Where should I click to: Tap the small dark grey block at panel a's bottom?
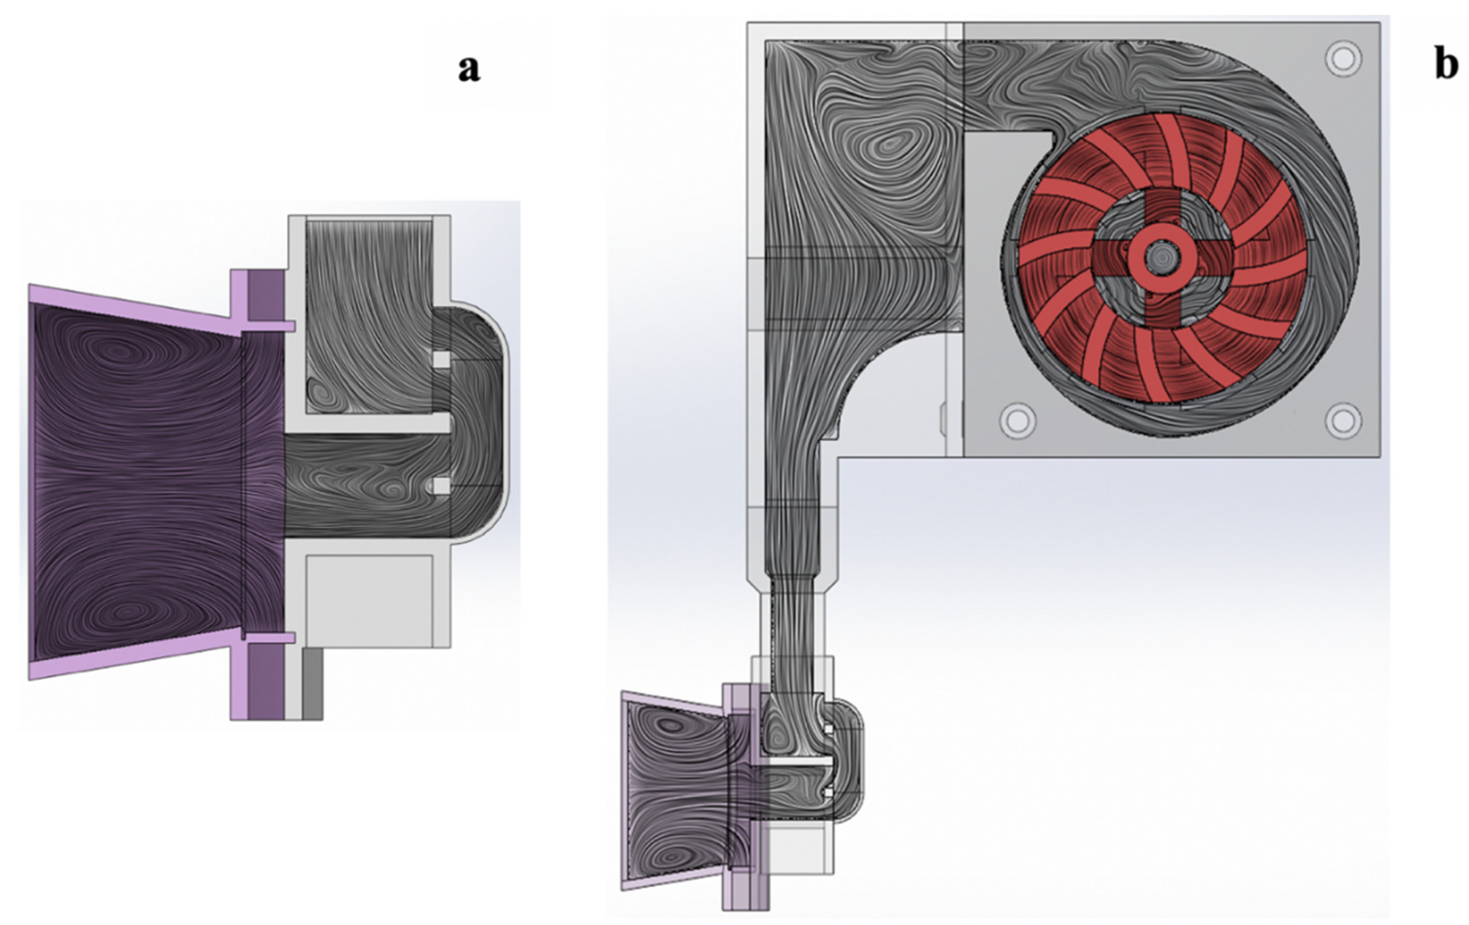click(x=312, y=683)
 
